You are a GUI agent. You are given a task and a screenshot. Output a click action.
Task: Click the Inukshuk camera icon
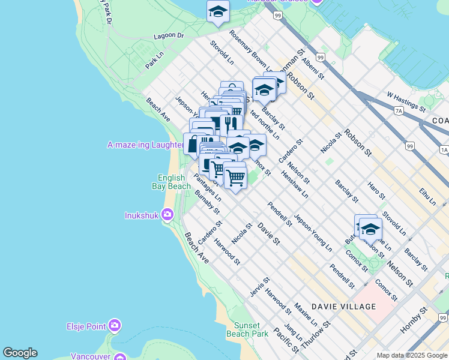[x=167, y=215]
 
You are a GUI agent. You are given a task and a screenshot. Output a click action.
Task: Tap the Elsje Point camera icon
[x=114, y=326]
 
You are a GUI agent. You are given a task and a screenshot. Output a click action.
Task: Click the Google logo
[x=20, y=353]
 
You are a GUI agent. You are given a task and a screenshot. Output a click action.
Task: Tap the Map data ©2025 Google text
[x=411, y=355]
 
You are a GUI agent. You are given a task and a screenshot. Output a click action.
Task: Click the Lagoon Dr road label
[x=169, y=36]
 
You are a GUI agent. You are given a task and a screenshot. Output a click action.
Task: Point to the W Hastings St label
[x=406, y=101]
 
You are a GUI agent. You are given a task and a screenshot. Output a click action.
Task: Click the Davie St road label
[x=268, y=233]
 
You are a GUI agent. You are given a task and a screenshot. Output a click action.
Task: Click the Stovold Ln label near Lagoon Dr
[x=221, y=52]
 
